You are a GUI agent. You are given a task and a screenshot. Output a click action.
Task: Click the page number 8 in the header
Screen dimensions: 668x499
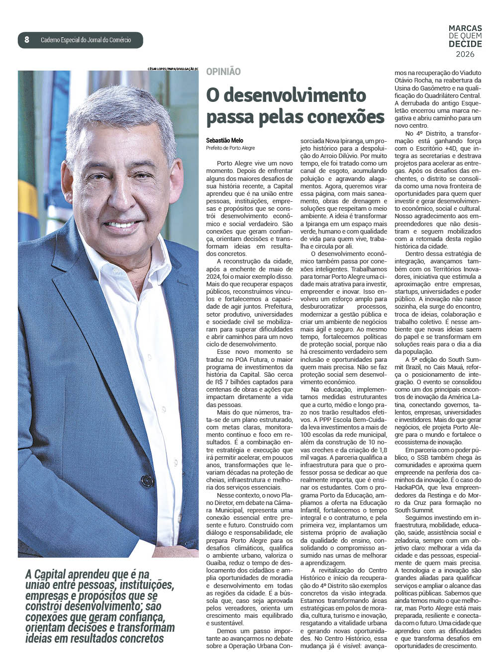27,40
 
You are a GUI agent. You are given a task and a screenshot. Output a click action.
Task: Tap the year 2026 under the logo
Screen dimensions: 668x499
465,54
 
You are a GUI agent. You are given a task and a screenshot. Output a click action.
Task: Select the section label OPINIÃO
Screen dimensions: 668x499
223,72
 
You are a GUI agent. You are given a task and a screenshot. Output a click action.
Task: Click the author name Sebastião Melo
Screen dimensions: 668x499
224,141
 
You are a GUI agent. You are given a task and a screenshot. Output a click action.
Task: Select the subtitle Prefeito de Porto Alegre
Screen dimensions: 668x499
230,148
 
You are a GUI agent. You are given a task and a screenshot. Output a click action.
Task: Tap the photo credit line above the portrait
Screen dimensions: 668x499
173,68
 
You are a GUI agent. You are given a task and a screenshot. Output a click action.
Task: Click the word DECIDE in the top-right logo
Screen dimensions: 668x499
465,44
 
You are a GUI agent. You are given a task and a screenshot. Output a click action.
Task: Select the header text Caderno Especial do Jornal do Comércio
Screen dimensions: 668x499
86,40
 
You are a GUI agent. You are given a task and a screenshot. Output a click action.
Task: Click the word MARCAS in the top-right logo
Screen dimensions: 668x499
465,28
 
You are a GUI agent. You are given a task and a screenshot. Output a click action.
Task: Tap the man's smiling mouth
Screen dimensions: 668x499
119,224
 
